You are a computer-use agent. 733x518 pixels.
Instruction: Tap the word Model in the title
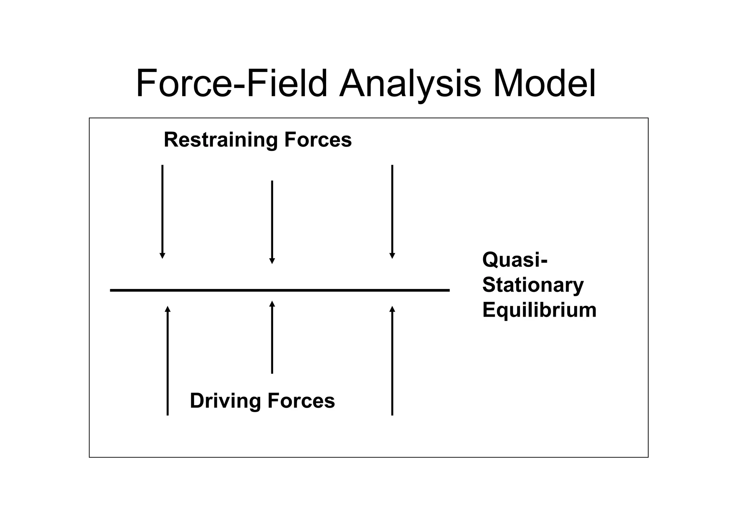point(544,84)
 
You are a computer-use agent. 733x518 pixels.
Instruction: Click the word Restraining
point(220,140)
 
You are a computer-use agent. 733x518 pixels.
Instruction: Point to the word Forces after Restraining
point(318,140)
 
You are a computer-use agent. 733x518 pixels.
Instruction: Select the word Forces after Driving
point(301,400)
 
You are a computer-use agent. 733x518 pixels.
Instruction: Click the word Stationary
point(533,285)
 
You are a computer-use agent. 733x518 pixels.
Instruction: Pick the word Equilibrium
point(539,310)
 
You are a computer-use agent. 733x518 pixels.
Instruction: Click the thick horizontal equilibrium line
point(280,290)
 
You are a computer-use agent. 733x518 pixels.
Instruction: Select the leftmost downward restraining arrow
point(162,211)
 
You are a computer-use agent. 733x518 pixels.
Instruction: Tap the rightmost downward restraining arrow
point(392,211)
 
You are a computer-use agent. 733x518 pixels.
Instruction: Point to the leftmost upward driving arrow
point(168,361)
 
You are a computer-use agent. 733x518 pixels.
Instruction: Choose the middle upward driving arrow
point(272,338)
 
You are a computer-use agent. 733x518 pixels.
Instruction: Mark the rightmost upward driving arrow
point(392,361)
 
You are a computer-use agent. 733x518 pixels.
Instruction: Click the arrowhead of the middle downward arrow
point(272,261)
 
